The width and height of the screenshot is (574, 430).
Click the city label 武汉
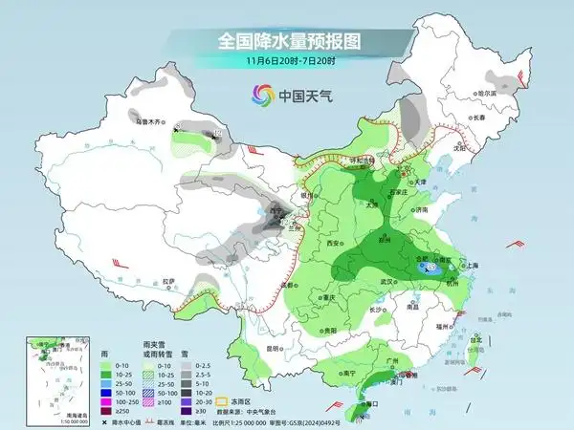386,282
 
